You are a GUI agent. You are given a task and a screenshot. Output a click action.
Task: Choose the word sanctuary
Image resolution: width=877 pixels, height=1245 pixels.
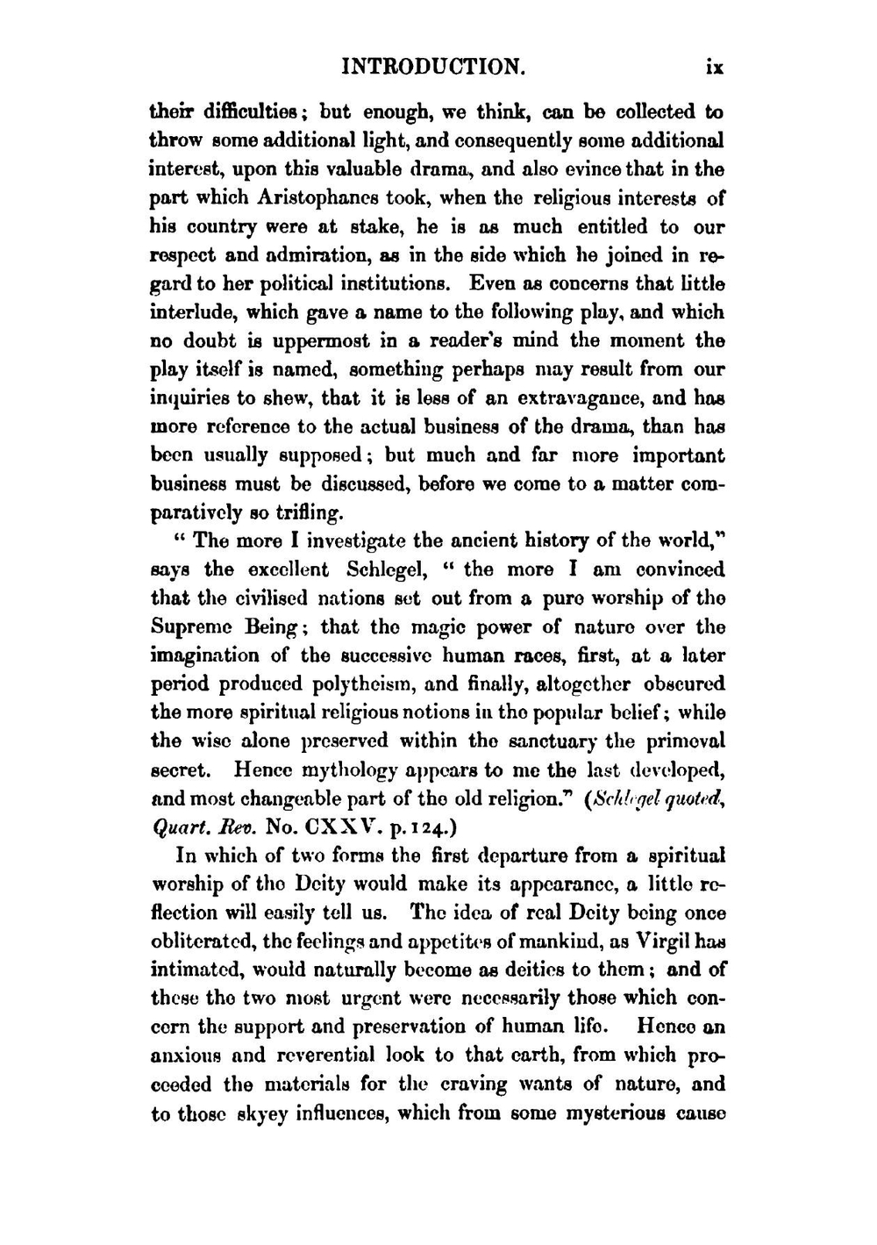568,741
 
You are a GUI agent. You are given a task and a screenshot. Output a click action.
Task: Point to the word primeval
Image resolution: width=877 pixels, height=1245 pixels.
684,741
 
